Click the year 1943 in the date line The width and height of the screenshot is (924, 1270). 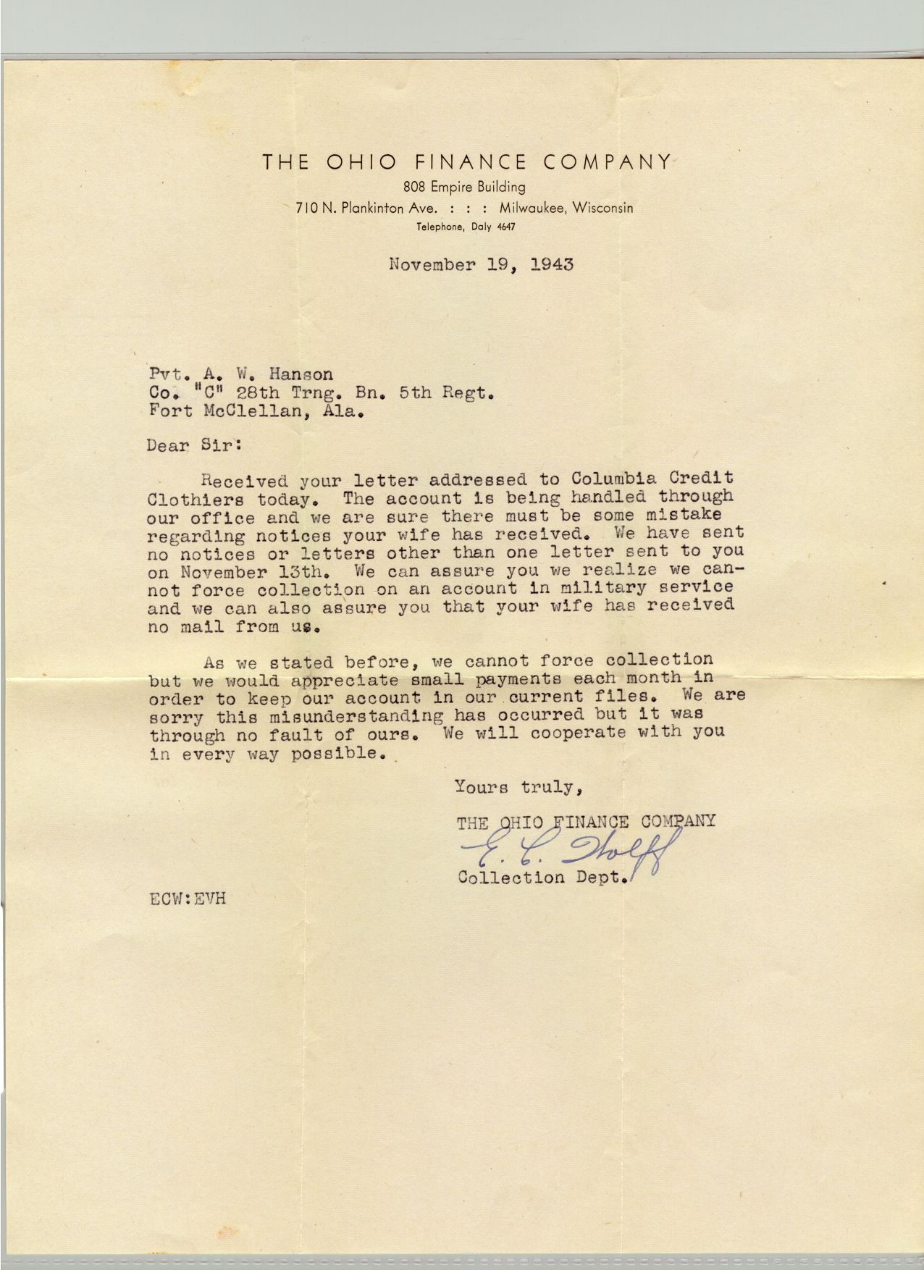(x=552, y=264)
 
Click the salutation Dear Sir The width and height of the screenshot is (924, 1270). (x=193, y=445)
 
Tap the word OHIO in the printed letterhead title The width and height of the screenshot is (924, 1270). (x=357, y=161)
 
